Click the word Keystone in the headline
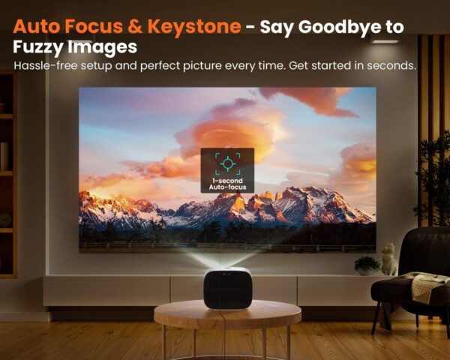pos(194,27)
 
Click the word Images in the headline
pos(103,47)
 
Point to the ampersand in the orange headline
pos(135,27)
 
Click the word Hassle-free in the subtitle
pos(46,66)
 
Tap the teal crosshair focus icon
pos(228,163)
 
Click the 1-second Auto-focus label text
pos(227,184)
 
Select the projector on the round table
pos(228,288)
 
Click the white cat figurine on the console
pos(388,259)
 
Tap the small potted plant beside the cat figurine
pos(367,265)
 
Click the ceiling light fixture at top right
pos(385,40)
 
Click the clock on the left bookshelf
pos(5,220)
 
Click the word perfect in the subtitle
pos(160,66)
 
